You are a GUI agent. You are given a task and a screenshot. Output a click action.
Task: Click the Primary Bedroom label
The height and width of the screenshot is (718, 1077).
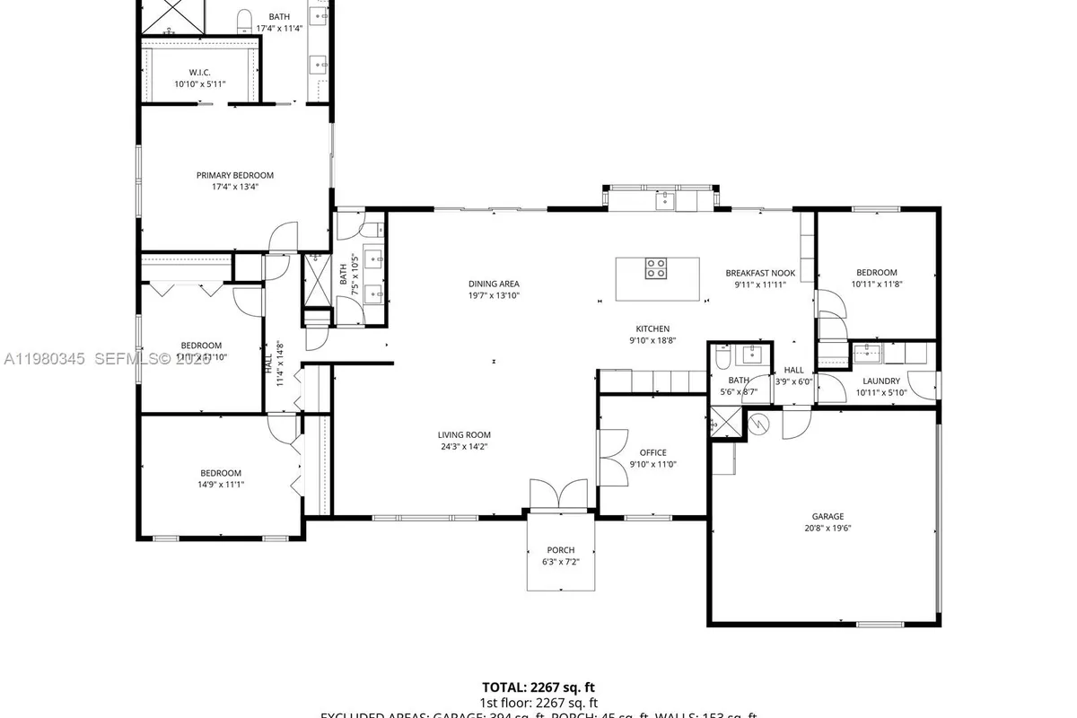click(235, 175)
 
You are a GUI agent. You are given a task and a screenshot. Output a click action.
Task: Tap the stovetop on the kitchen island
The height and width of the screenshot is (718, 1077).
click(656, 267)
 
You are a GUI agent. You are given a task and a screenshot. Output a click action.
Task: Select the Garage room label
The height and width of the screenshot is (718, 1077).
click(827, 516)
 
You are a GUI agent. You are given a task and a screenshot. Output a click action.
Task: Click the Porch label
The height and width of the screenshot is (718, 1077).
click(560, 550)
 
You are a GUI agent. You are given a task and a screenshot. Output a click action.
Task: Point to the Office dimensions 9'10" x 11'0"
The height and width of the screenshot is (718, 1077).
click(652, 464)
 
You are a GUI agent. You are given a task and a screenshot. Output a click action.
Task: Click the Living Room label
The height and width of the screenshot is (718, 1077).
click(464, 434)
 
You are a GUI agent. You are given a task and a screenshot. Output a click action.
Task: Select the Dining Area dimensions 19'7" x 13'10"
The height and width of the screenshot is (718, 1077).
click(494, 295)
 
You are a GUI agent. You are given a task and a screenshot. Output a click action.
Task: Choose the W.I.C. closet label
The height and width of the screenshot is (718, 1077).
click(199, 72)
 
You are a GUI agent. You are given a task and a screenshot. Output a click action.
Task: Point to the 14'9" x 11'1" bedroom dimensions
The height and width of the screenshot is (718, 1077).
click(221, 485)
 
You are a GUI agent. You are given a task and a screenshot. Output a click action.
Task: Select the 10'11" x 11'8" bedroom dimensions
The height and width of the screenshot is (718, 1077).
click(876, 285)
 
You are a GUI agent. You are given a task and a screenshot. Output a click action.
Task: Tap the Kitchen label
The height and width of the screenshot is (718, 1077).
click(652, 328)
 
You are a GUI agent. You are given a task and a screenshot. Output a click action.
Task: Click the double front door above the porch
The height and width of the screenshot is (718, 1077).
click(558, 495)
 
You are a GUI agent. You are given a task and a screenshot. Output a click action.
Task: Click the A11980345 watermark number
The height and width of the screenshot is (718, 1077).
click(44, 358)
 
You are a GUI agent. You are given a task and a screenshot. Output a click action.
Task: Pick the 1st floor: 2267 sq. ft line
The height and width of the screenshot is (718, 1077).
click(538, 703)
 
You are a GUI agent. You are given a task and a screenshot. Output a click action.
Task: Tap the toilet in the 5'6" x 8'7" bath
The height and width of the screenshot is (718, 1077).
click(722, 360)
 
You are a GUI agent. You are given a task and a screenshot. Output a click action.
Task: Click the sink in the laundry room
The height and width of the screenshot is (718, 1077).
click(869, 352)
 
